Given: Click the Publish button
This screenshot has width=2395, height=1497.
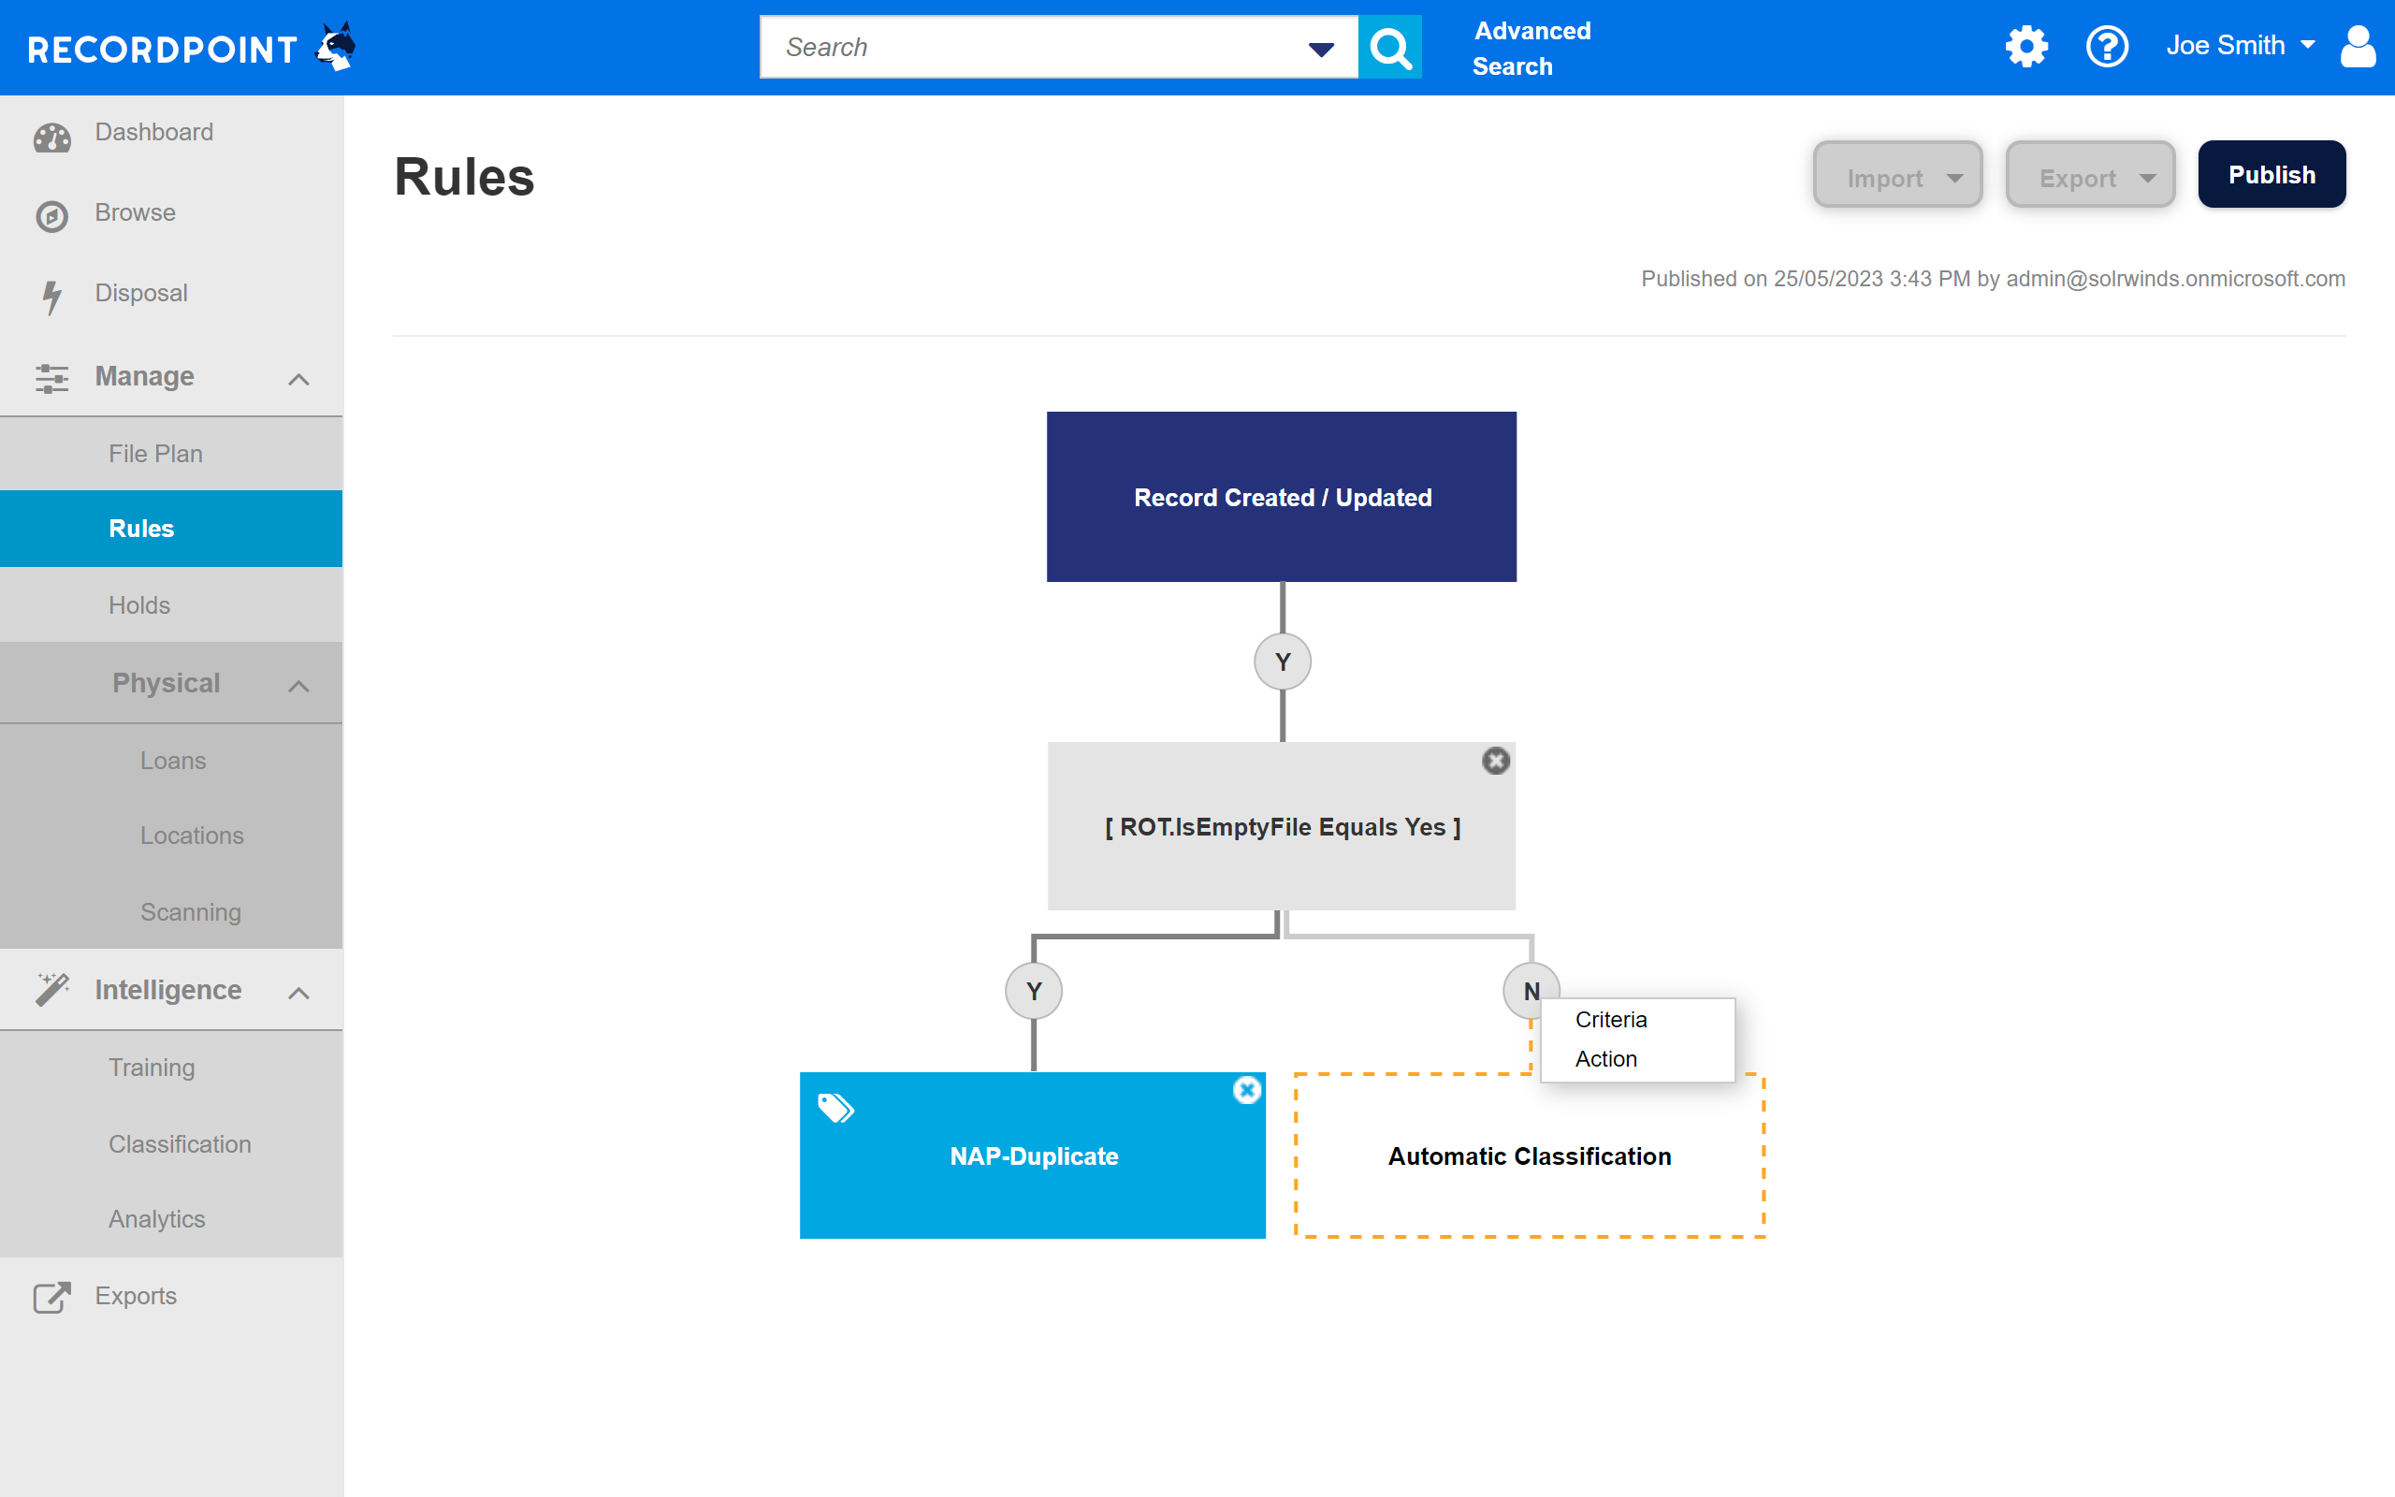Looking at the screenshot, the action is (x=2272, y=174).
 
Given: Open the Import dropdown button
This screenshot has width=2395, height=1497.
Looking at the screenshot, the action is (x=1897, y=175).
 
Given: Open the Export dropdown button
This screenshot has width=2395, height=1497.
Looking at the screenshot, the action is (x=2089, y=175).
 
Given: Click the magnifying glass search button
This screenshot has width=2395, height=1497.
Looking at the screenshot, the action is (x=1389, y=47).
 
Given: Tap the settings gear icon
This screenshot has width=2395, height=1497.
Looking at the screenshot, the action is (x=2025, y=46).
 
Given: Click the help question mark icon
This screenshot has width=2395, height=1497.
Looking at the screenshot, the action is (x=2107, y=46).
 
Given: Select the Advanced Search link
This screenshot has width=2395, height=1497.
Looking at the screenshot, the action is (x=1532, y=49).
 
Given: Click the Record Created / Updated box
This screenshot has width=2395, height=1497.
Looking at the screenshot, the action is (x=1282, y=496).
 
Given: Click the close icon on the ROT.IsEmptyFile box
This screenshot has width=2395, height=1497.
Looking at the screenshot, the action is (x=1495, y=761).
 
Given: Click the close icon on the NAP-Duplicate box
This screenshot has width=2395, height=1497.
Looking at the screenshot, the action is (x=1247, y=1090).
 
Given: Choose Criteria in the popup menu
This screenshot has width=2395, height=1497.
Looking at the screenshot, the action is (x=1611, y=1020).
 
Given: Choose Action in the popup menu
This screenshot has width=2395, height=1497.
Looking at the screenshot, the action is (x=1606, y=1059).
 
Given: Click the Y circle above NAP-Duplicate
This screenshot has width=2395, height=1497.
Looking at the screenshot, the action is (x=1033, y=991).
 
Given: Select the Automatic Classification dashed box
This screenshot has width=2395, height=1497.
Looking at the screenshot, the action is (x=1529, y=1155).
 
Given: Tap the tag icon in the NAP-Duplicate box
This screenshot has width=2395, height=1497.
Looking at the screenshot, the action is (x=835, y=1108).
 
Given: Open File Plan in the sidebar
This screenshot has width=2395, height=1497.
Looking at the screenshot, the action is (x=155, y=454).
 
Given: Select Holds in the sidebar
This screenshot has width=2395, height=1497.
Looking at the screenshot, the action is (x=139, y=605).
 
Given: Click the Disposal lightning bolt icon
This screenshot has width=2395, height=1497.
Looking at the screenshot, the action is (x=51, y=296).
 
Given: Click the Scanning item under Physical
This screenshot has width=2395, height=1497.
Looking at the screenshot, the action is (x=191, y=912).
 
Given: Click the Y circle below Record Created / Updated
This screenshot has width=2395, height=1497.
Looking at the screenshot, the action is (x=1283, y=661).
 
